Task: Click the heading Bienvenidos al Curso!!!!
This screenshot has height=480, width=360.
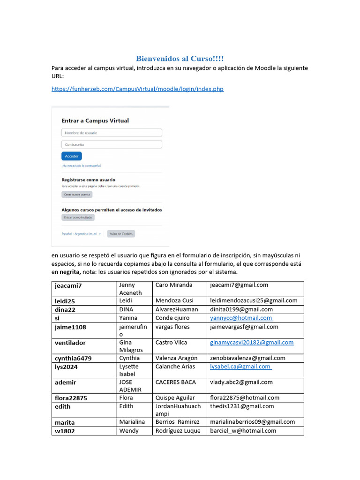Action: tap(180, 59)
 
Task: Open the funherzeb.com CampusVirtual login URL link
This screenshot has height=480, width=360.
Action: tap(137, 89)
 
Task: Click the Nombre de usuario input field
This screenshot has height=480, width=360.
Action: tap(112, 133)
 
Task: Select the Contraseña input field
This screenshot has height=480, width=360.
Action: tap(112, 145)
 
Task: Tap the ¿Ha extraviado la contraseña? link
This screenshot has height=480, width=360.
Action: tap(81, 165)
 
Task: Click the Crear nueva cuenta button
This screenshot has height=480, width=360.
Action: tap(77, 194)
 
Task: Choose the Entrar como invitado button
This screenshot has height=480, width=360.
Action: tap(78, 217)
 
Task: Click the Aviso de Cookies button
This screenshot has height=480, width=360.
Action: tap(121, 233)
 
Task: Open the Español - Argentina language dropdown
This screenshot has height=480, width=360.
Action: tap(81, 233)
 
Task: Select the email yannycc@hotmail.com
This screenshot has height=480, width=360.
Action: tap(241, 318)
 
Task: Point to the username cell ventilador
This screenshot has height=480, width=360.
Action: tap(70, 343)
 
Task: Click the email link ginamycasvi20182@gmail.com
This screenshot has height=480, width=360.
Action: tap(251, 343)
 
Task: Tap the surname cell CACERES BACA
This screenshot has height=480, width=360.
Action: tap(175, 382)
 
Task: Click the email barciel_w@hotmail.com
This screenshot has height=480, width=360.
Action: tap(243, 431)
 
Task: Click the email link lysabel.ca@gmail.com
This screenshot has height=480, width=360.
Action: tap(240, 367)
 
